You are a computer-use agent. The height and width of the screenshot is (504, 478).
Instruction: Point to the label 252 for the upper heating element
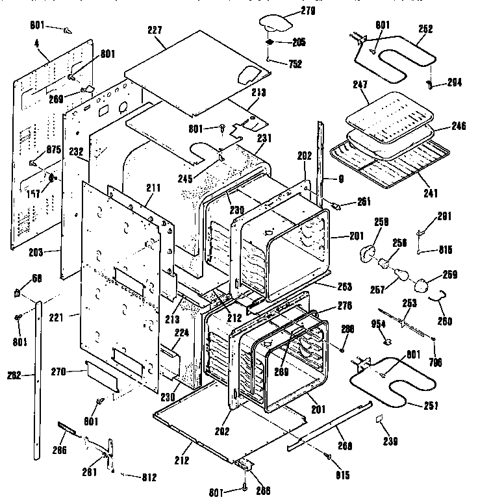[425, 29]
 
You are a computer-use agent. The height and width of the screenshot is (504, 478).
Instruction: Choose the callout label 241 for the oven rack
[430, 193]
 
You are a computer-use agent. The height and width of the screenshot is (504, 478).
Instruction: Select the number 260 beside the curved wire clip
[445, 320]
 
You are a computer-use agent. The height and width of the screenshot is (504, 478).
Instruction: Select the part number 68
[37, 279]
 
